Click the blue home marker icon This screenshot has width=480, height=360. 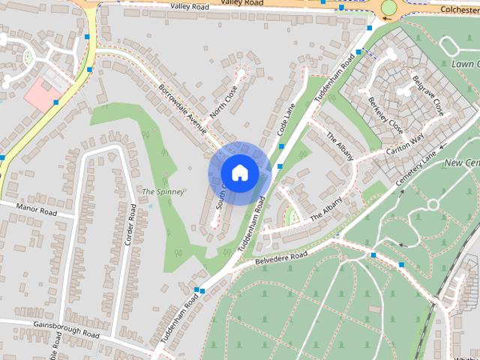239,173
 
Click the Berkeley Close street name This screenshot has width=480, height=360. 385,115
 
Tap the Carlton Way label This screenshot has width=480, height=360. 406,143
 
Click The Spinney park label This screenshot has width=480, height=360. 163,192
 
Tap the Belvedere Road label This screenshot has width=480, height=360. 281,257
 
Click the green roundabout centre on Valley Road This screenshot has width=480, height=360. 388,8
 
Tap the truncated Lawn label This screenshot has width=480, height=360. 466,64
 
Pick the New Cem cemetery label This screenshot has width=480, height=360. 462,163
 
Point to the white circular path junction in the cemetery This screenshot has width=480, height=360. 432,205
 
